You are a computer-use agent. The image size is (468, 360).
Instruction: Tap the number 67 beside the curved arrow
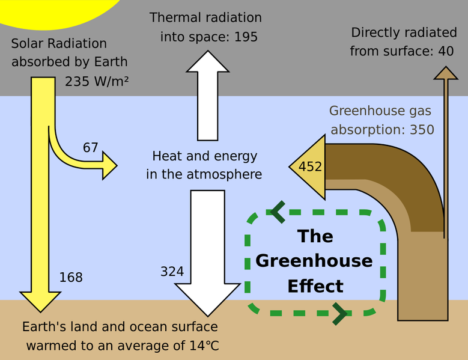91,148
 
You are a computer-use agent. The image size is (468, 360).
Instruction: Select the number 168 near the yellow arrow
71,277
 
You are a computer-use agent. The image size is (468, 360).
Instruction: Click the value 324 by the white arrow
172,271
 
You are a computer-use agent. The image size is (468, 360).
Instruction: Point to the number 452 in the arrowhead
311,166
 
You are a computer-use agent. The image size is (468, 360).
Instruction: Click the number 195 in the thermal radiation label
246,37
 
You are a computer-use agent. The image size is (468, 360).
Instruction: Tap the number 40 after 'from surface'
446,51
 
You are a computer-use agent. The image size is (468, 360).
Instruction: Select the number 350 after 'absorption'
422,130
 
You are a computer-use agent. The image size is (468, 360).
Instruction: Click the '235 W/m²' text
97,81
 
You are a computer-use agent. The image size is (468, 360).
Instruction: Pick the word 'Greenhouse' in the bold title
314,261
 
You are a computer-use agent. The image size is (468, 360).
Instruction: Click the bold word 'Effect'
315,286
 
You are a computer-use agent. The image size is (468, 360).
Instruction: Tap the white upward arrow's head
208,61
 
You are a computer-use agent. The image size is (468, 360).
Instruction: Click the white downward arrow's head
208,299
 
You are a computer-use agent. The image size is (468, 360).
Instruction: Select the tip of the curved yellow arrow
117,166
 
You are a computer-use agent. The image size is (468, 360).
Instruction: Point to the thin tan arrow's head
446,73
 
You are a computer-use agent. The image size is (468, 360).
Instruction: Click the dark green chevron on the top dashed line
278,212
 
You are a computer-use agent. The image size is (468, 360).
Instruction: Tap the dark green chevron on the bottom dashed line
339,314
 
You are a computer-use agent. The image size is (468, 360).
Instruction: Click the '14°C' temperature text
204,346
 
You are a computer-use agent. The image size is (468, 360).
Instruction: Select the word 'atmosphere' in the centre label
224,174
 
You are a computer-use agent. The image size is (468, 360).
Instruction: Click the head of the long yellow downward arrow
40,302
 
